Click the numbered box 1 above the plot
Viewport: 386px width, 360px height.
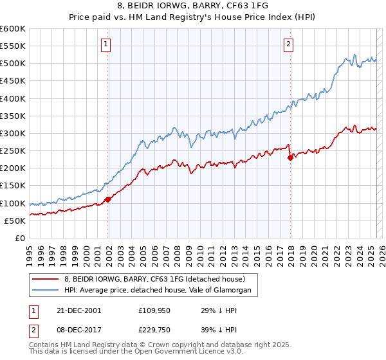click(x=105, y=44)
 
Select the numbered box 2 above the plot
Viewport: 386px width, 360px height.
click(x=288, y=44)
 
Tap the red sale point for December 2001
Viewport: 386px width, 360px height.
click(x=108, y=199)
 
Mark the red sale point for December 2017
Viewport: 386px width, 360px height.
click(x=290, y=157)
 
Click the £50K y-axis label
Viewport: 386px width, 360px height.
click(x=15, y=221)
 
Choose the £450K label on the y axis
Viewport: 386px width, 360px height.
click(x=13, y=81)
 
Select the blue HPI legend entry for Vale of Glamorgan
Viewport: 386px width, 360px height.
click(x=161, y=291)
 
